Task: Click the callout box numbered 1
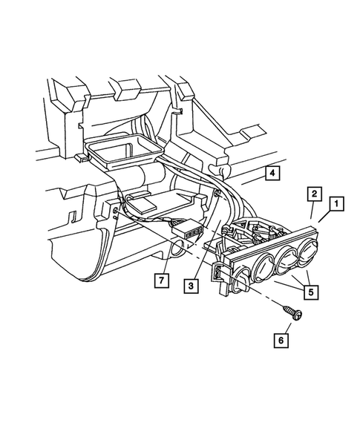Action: coord(336,203)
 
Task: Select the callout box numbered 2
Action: coord(314,194)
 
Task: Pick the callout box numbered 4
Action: coord(273,174)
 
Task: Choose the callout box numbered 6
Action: coord(281,341)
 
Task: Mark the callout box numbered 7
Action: coord(158,280)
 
